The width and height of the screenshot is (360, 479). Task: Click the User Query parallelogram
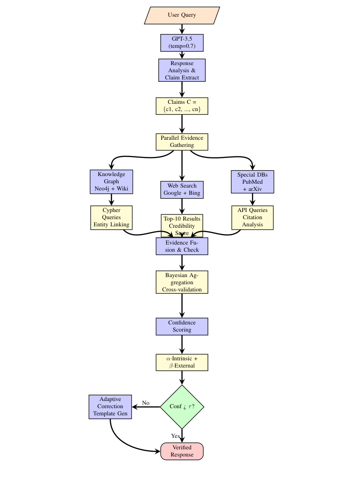click(182, 15)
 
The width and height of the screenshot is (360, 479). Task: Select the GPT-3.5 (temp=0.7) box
click(182, 42)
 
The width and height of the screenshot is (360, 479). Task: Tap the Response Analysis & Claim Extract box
click(182, 70)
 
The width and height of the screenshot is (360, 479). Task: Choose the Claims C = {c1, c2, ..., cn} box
click(182, 106)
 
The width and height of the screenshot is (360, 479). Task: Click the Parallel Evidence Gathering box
click(182, 142)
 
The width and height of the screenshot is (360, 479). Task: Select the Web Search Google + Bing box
click(182, 189)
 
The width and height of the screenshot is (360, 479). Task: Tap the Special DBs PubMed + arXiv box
click(252, 181)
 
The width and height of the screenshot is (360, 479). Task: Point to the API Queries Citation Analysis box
click(252, 217)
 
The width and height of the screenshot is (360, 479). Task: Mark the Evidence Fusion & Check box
click(182, 246)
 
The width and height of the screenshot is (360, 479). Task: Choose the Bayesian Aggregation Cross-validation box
click(182, 282)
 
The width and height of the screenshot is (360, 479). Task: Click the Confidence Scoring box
click(182, 326)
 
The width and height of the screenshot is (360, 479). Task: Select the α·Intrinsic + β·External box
click(182, 362)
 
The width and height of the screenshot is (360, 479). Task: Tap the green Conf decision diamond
click(182, 407)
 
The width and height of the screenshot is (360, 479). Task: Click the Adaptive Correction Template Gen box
click(110, 407)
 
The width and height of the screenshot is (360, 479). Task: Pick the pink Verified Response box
click(182, 451)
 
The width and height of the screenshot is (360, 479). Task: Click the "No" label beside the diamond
click(146, 403)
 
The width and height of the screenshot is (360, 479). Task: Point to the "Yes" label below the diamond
click(175, 435)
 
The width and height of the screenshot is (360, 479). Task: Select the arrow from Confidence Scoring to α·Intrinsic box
click(182, 345)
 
